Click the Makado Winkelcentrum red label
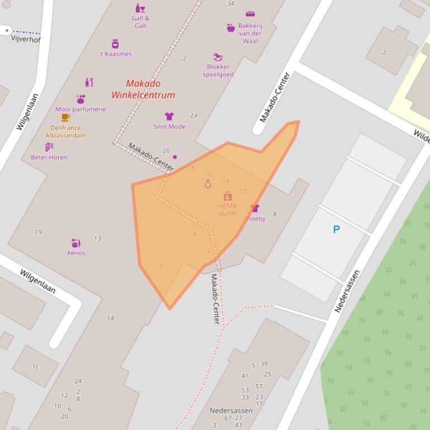click(143, 89)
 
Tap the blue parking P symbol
click(337, 229)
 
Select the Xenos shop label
click(76, 253)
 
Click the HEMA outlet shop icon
click(228, 196)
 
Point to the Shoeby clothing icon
click(255, 208)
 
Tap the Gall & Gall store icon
click(140, 8)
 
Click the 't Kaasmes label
click(115, 54)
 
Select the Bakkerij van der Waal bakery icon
click(250, 13)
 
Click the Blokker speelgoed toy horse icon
click(218, 57)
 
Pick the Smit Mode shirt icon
click(169, 116)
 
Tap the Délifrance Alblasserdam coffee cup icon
click(65, 117)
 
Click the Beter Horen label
click(49, 157)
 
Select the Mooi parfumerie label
click(81, 109)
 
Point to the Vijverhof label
click(26, 39)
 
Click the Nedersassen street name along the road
click(347, 291)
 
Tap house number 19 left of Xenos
click(38, 232)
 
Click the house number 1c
click(35, 367)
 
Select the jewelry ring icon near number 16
click(208, 184)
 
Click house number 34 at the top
click(231, 4)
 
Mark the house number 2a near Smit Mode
click(193, 116)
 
